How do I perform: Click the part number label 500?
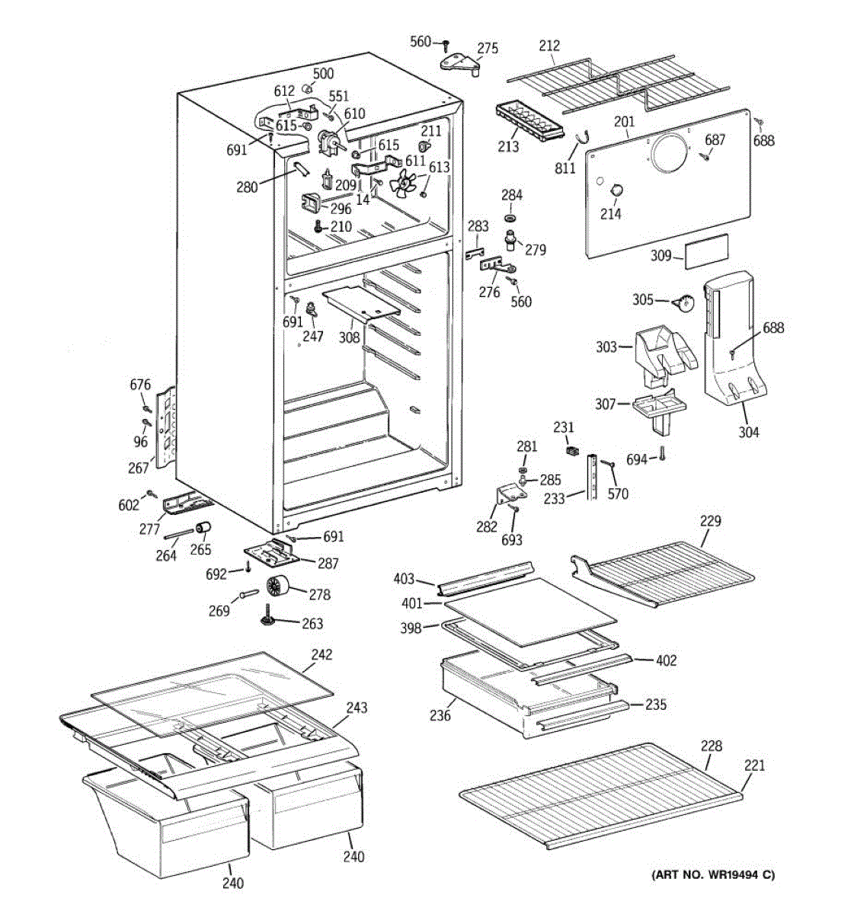[323, 74]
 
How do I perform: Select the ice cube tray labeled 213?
[530, 120]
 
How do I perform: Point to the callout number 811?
[565, 168]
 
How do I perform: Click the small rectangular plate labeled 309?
[707, 251]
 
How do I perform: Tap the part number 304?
[749, 432]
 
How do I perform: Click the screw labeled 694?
[662, 454]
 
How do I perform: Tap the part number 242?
[321, 654]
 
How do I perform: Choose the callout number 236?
[440, 715]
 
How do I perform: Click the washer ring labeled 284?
[510, 217]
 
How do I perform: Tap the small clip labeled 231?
[571, 450]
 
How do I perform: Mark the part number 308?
[349, 337]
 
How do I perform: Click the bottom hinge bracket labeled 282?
[510, 496]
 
